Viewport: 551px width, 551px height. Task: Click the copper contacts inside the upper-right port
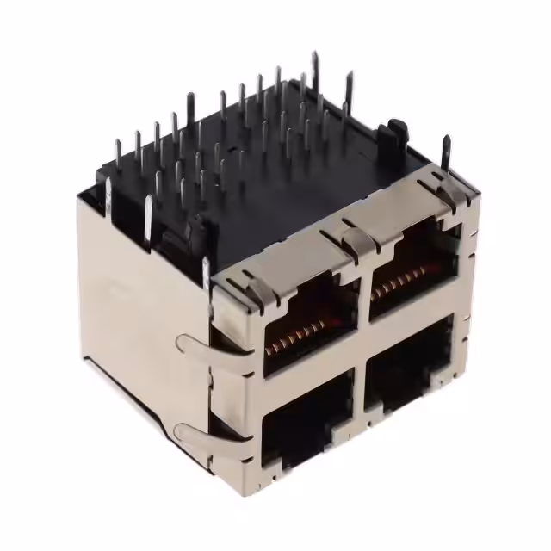point(405,280)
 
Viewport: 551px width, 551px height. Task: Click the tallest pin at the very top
point(314,69)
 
